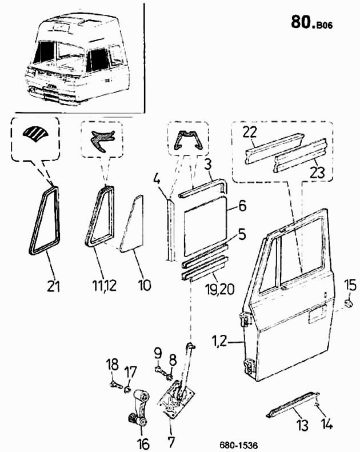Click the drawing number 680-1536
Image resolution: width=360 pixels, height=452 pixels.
[x=238, y=445]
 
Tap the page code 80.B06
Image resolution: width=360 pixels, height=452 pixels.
[x=311, y=22]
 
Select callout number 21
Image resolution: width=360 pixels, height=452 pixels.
[x=54, y=286]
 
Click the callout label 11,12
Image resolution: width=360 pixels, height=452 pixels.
[x=105, y=286]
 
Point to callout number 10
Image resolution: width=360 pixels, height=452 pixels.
[x=145, y=286]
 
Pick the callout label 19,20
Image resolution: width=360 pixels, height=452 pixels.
[x=220, y=289]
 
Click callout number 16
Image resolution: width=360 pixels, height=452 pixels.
[x=143, y=443]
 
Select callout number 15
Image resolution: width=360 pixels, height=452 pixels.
[x=350, y=286]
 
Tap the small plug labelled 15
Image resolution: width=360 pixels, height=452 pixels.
[x=349, y=303]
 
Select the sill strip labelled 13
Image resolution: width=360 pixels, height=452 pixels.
[x=293, y=405]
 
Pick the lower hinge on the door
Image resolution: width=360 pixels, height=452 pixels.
[x=250, y=367]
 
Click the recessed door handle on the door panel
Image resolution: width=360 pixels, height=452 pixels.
[x=317, y=314]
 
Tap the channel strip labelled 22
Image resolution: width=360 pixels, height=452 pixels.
[x=274, y=148]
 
